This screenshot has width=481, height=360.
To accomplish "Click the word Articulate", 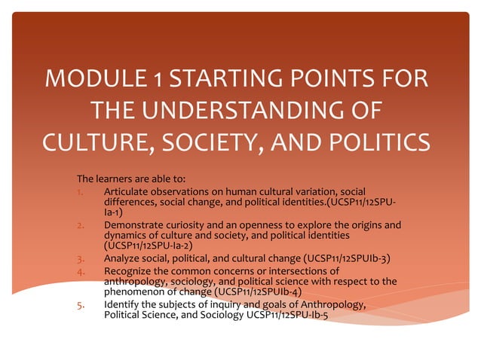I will pos(128,193).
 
